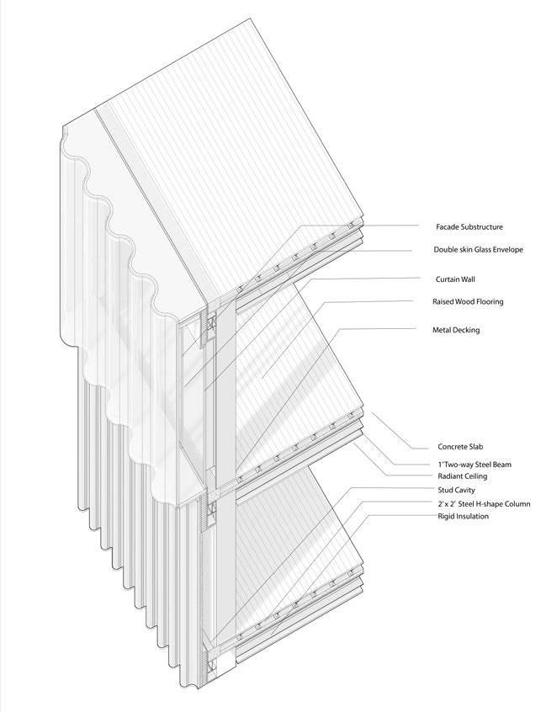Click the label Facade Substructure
pos(469,227)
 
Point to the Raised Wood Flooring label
pos(468,301)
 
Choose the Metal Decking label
pos(455,331)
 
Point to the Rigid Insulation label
pos(463,516)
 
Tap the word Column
pos(515,504)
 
